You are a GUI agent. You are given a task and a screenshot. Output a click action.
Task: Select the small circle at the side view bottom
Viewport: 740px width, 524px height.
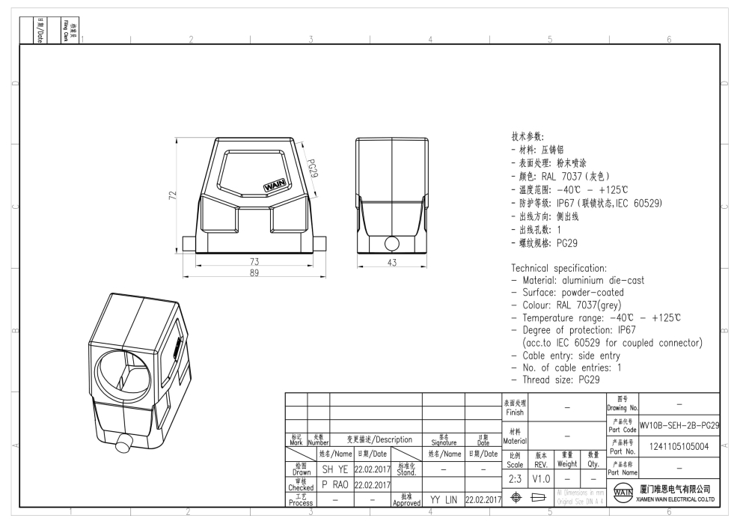(392, 243)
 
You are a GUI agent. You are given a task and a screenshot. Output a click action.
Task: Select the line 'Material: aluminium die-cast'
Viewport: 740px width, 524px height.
(577, 280)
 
